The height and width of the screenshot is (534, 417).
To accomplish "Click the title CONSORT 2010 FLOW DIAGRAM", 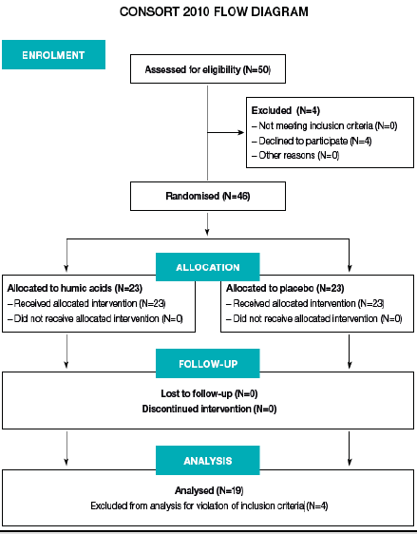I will click(207, 13).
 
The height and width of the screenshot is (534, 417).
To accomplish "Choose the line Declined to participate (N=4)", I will click(316, 141).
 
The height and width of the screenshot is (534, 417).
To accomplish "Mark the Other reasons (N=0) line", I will click(297, 155).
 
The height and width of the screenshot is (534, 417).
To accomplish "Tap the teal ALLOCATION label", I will click(207, 267).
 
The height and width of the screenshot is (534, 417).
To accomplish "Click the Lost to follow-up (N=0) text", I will click(207, 392).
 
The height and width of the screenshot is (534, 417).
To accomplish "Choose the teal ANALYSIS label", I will click(207, 461).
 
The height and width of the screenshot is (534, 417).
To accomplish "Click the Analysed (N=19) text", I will click(207, 491).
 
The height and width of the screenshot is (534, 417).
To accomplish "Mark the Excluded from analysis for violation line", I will click(207, 506).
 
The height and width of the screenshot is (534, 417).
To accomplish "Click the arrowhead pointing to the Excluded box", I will click(239, 132).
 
